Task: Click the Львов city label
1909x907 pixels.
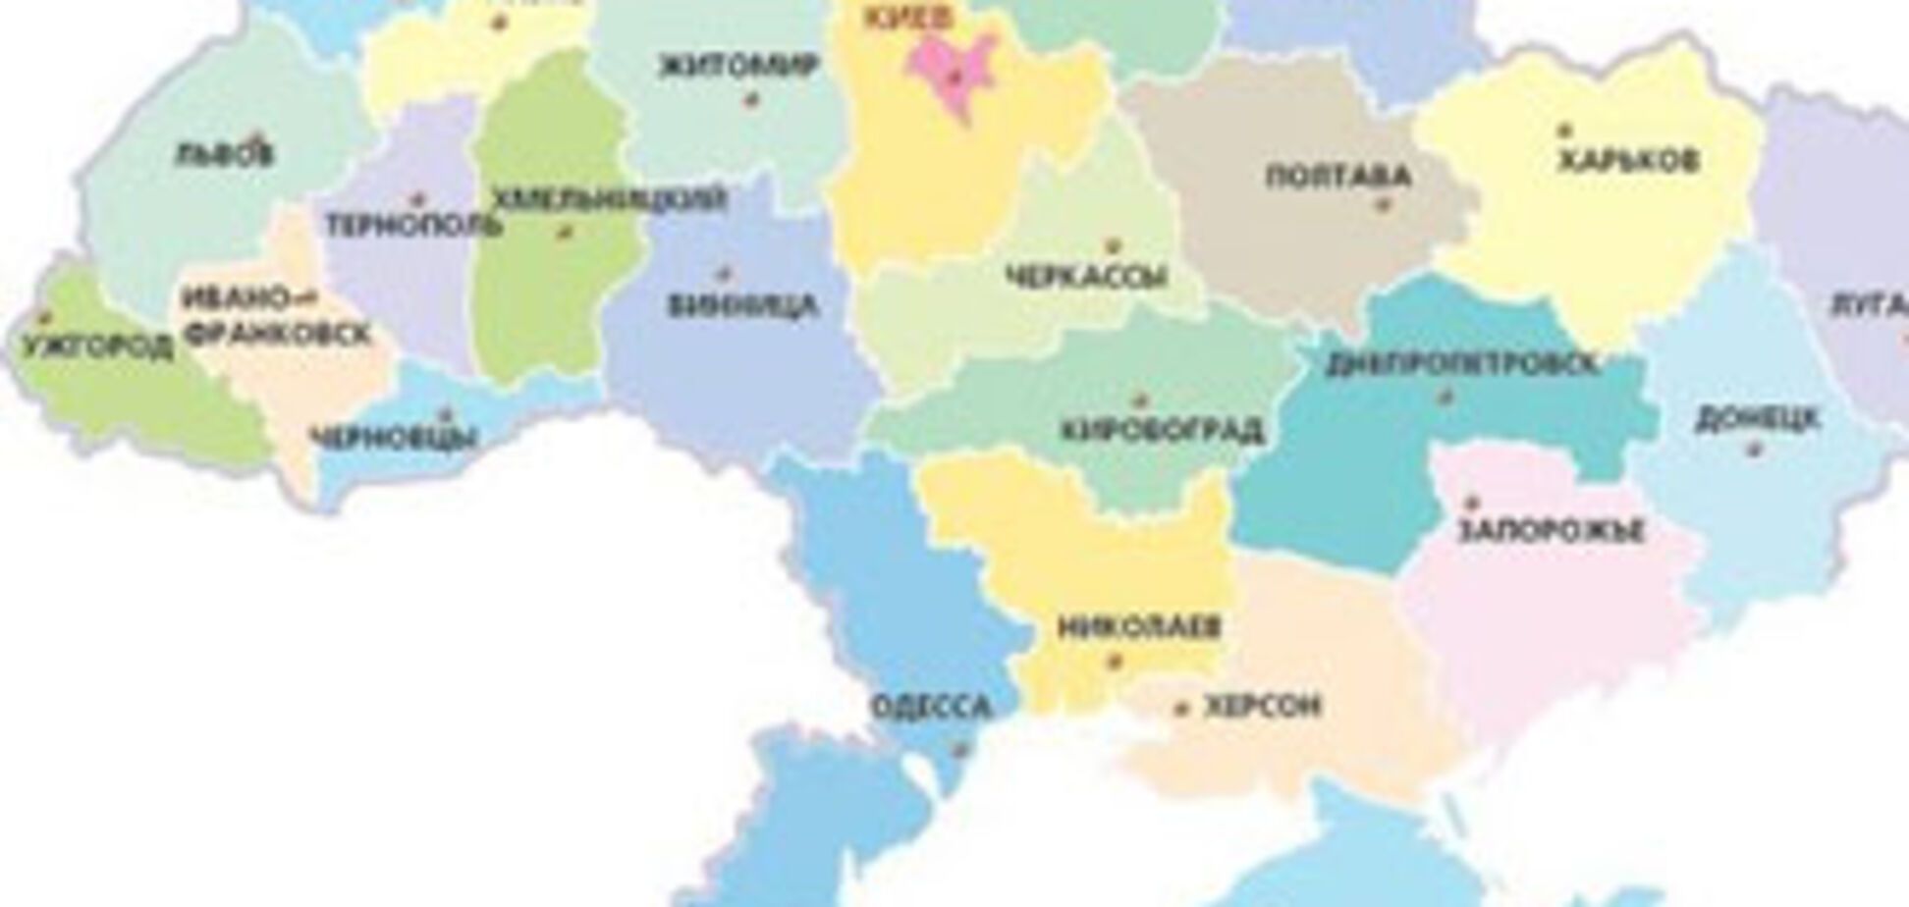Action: [x=224, y=154]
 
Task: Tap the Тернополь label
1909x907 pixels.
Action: [x=413, y=225]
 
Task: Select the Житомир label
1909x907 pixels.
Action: [x=739, y=66]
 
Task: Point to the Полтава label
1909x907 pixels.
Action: [x=1337, y=177]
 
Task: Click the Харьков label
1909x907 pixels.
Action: [x=1628, y=159]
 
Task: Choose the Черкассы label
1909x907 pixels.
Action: [x=1088, y=277]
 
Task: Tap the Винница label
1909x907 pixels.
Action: [x=742, y=305]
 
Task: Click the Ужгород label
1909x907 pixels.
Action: [x=96, y=347]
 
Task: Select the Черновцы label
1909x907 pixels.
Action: [x=394, y=437]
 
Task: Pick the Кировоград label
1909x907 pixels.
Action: [x=1162, y=430]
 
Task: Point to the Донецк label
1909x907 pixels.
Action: [x=1758, y=419]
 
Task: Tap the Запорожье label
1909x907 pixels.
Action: [x=1550, y=531]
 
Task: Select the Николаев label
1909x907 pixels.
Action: [x=1139, y=626]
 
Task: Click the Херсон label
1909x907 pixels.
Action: [x=1262, y=706]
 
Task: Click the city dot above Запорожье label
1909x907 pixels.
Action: [x=1470, y=502]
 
